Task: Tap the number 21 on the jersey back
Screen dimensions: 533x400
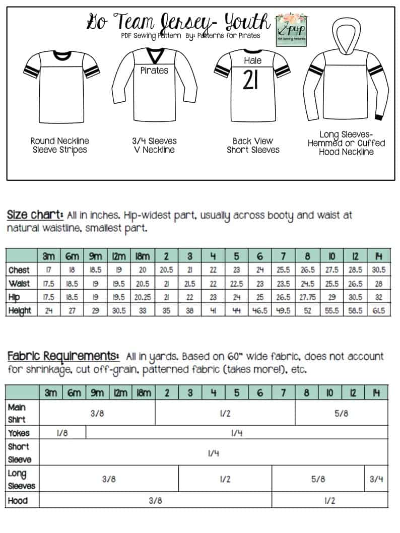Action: click(250, 81)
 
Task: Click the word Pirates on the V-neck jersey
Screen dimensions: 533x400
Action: click(154, 71)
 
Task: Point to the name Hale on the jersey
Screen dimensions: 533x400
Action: click(250, 60)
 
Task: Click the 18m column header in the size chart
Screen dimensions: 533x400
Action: click(143, 256)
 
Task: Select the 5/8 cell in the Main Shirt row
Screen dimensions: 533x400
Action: click(341, 413)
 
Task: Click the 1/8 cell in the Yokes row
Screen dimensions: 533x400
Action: click(62, 433)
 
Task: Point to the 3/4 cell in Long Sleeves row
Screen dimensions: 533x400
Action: click(376, 479)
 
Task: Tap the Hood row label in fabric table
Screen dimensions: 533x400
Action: click(18, 501)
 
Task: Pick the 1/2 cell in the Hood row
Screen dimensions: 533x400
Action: click(330, 501)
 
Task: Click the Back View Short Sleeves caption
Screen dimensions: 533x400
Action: click(253, 146)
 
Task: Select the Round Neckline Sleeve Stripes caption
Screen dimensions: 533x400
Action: click(59, 146)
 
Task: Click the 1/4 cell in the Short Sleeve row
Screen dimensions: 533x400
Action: click(213, 453)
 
